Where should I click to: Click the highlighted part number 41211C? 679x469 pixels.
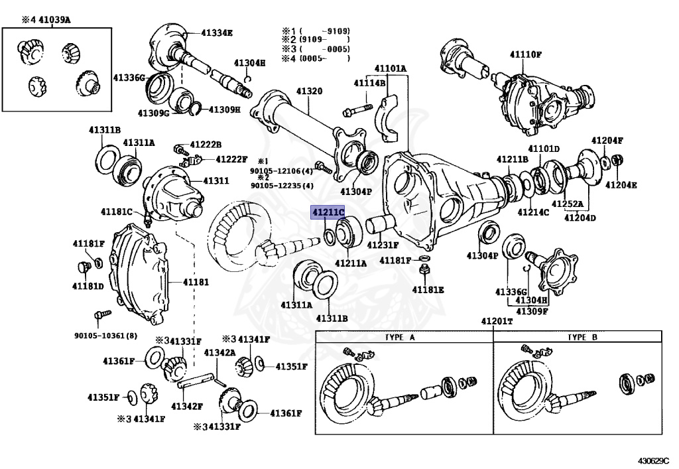coord(328,212)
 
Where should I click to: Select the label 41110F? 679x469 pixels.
coord(526,53)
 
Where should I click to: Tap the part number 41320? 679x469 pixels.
coord(309,91)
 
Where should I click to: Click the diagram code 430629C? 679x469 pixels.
coord(653,460)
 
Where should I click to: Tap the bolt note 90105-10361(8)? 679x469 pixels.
coord(106,336)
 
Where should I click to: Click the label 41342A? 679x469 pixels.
coord(219,353)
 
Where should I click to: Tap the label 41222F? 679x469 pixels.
coord(231,159)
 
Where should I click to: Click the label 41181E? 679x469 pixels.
coord(428,289)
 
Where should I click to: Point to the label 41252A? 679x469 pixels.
coord(569,204)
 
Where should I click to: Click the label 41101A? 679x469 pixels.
coord(390,68)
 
